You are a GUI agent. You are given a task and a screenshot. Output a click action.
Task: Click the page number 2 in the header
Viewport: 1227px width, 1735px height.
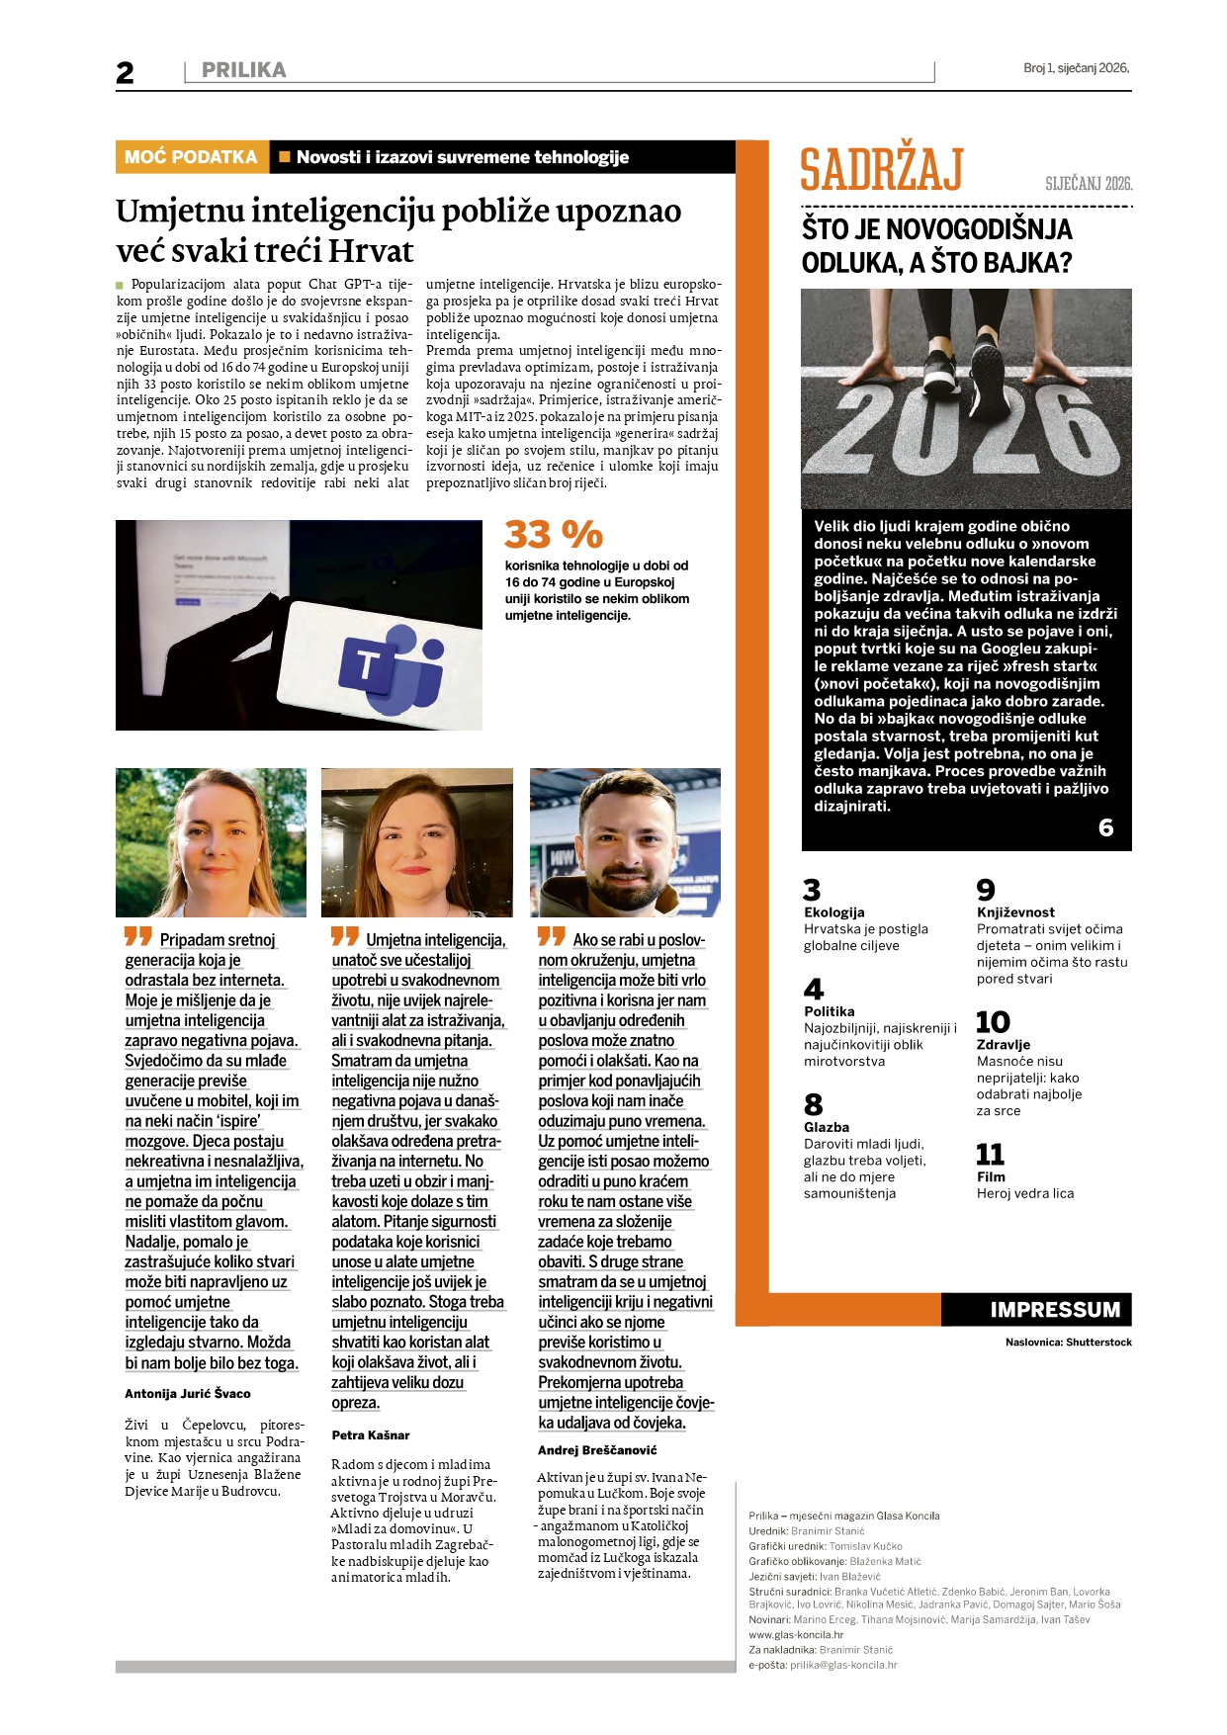click(125, 72)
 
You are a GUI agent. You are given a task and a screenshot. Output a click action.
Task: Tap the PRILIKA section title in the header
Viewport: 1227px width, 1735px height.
click(243, 70)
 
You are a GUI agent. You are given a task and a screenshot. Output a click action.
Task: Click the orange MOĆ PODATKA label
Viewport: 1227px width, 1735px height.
click(191, 157)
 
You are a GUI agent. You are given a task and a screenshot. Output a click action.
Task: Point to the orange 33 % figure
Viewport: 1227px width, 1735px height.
click(553, 535)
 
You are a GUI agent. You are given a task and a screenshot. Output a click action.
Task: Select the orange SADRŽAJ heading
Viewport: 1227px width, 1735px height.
click(881, 170)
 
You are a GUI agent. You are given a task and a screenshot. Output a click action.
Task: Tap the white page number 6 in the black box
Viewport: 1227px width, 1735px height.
click(1105, 827)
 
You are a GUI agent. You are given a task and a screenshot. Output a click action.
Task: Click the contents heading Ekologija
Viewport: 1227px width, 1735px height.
click(834, 912)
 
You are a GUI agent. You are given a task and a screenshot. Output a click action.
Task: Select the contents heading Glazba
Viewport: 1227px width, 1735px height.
click(827, 1127)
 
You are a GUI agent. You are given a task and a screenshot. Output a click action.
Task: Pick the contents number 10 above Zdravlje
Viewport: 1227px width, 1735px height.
click(993, 1022)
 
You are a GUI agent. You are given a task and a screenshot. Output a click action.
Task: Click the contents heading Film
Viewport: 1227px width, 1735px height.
click(991, 1176)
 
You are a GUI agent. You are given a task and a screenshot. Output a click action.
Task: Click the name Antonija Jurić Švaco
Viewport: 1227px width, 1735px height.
click(188, 1393)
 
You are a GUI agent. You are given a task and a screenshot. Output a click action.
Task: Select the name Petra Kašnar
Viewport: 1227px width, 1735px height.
click(371, 1434)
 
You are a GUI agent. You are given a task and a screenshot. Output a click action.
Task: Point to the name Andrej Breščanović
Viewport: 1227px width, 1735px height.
click(597, 1449)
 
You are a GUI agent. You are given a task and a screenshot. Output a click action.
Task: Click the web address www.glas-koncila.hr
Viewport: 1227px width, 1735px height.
click(796, 1634)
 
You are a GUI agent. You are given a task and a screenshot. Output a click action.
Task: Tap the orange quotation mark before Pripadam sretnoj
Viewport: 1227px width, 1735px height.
click(138, 936)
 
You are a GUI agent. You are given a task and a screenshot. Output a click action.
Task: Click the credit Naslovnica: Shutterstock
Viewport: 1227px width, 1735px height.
click(1068, 1342)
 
